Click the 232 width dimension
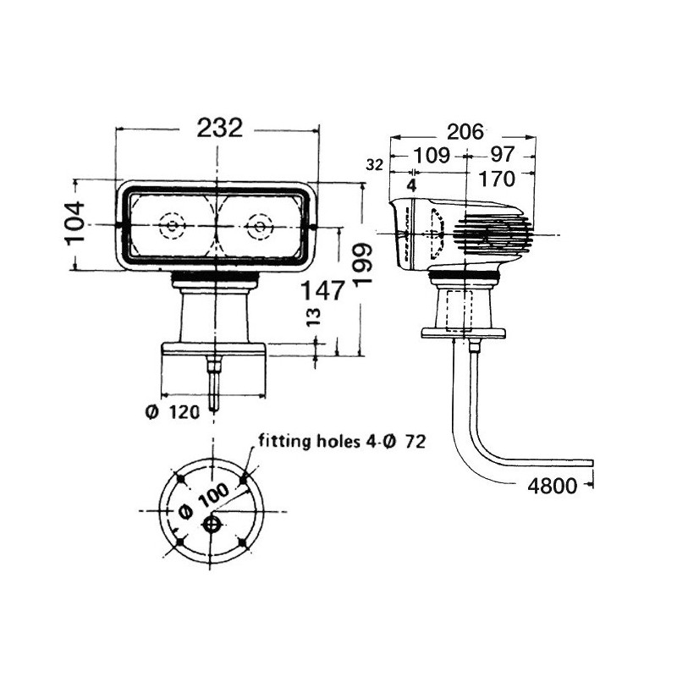[220, 129]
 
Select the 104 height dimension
[75, 223]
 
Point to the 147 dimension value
[323, 289]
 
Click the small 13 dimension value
[315, 317]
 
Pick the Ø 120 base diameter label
[173, 412]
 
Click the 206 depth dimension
[465, 132]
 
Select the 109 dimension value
[432, 155]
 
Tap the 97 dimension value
[503, 154]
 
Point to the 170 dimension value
[497, 179]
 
